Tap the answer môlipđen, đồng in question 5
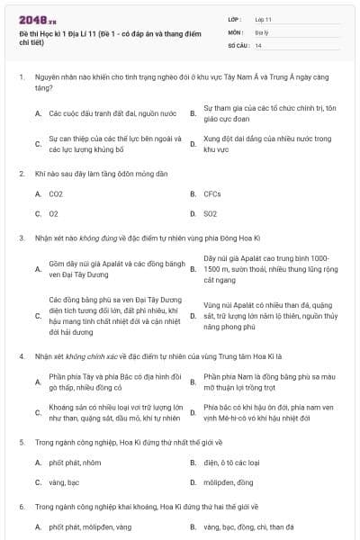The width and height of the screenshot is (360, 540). [x=229, y=482]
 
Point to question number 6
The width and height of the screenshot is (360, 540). [x=21, y=507]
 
